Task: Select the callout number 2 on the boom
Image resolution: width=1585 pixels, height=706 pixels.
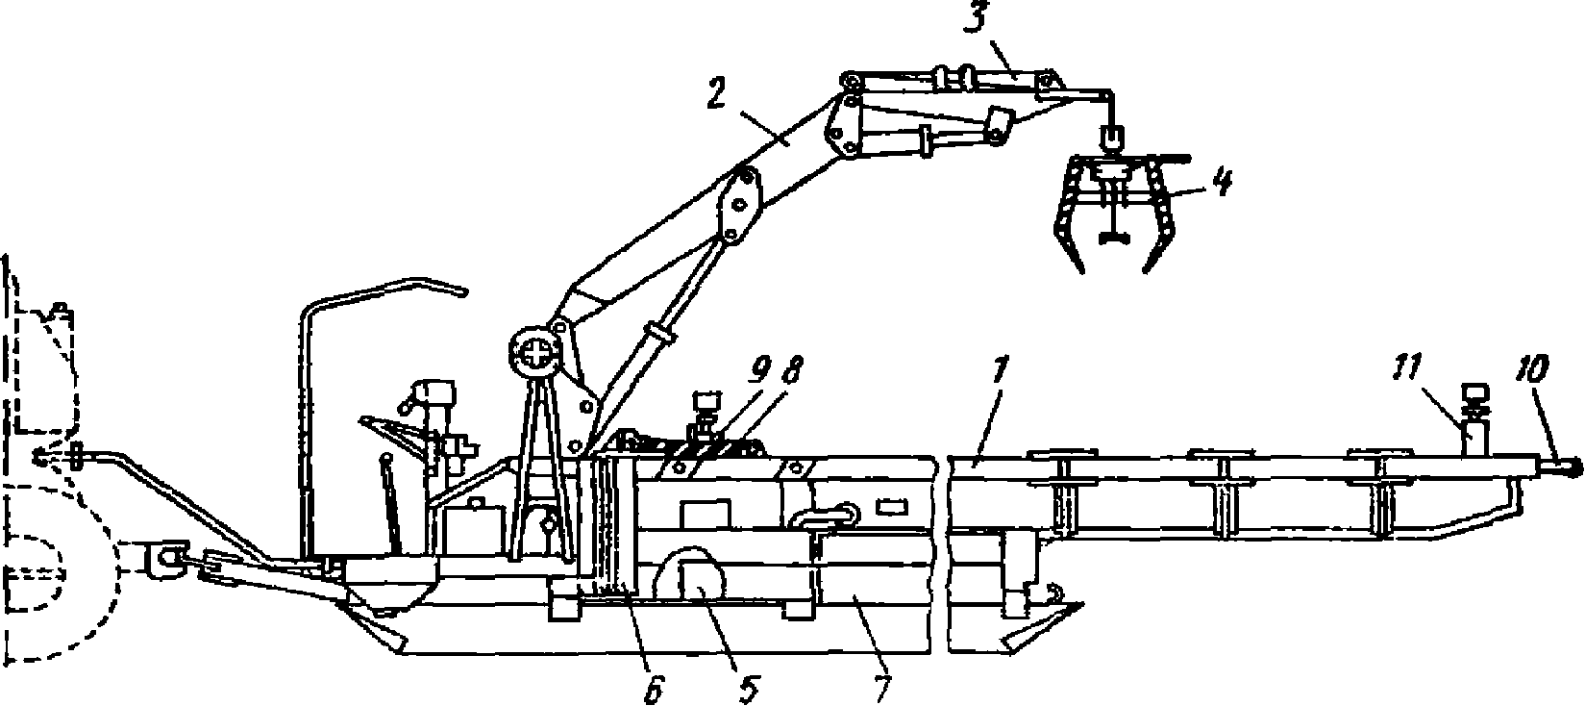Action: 717,92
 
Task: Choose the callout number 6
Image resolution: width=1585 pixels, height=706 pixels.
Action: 656,687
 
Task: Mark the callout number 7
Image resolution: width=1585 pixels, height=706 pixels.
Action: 881,686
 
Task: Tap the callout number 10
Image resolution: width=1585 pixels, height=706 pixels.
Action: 1529,369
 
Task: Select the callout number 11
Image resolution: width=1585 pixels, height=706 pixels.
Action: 1405,370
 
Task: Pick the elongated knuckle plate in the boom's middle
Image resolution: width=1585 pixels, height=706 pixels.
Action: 740,206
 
